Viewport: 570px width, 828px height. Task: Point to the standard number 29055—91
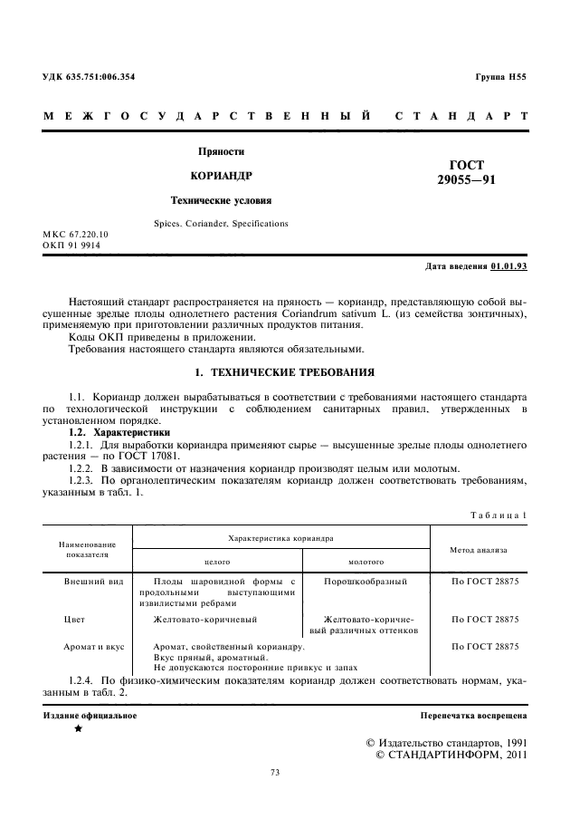[x=466, y=180]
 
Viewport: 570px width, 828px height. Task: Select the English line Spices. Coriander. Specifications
[x=222, y=223]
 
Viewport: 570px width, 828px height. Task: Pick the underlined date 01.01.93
[x=508, y=267]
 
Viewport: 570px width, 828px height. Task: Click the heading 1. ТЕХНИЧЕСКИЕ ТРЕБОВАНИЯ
[x=284, y=372]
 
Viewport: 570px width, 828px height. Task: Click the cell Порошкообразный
[x=365, y=580]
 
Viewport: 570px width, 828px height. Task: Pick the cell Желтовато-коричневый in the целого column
[x=205, y=620]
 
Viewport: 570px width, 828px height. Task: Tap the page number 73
[x=276, y=773]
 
